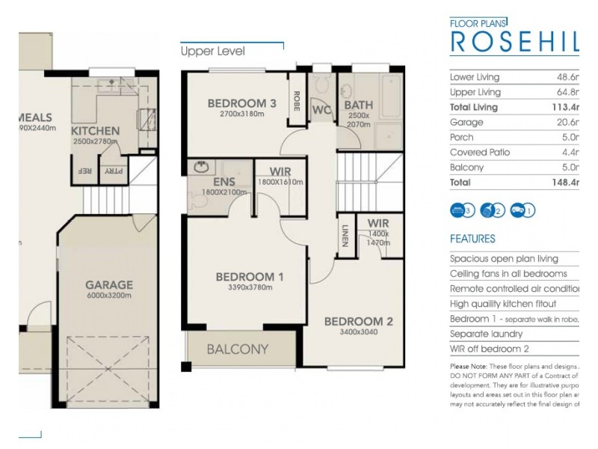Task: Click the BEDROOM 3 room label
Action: [236, 103]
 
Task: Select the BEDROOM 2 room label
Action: [358, 322]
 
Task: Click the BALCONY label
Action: [237, 349]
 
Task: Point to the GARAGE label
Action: [108, 284]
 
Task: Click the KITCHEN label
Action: [95, 131]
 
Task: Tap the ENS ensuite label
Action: [224, 182]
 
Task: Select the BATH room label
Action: [359, 106]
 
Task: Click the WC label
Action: [322, 110]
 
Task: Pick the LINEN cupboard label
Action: [345, 234]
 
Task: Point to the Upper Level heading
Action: [212, 52]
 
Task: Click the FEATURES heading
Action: [472, 239]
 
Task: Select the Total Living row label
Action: [474, 107]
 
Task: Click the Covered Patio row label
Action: [478, 153]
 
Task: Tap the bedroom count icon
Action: [463, 210]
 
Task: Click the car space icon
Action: [523, 210]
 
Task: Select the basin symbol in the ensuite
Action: [200, 166]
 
